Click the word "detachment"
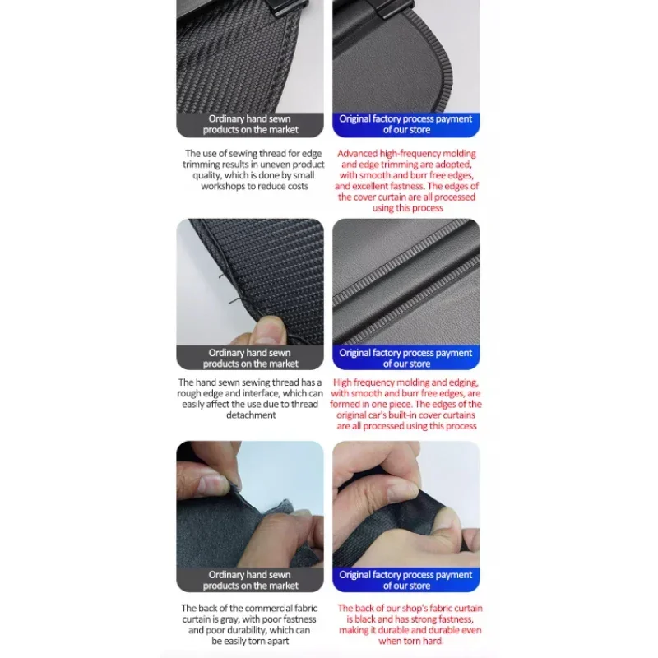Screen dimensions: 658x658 [x=251, y=415]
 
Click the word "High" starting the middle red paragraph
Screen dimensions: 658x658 [x=342, y=382]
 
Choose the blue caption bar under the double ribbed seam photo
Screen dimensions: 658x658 [x=406, y=358]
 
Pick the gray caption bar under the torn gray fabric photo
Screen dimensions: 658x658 [x=250, y=580]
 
